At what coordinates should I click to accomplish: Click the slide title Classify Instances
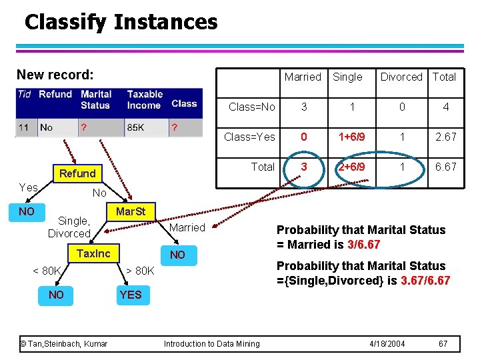coord(121,22)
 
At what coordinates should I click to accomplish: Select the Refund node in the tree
coord(77,173)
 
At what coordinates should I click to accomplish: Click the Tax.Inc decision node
coord(93,253)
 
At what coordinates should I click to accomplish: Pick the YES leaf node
coord(131,295)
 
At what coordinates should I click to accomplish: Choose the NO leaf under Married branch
coord(177,255)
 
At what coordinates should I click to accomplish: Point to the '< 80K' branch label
coord(47,271)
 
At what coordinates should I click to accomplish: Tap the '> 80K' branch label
coord(140,271)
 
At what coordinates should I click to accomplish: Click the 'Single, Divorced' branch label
coord(69,227)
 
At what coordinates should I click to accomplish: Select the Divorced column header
coord(401,77)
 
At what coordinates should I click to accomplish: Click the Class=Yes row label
coord(249,137)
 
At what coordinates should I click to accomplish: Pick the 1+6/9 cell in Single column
coord(351,137)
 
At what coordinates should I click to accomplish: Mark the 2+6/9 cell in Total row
coord(351,167)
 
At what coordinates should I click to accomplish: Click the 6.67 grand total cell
coord(445,167)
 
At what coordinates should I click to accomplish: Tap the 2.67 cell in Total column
coord(445,137)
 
